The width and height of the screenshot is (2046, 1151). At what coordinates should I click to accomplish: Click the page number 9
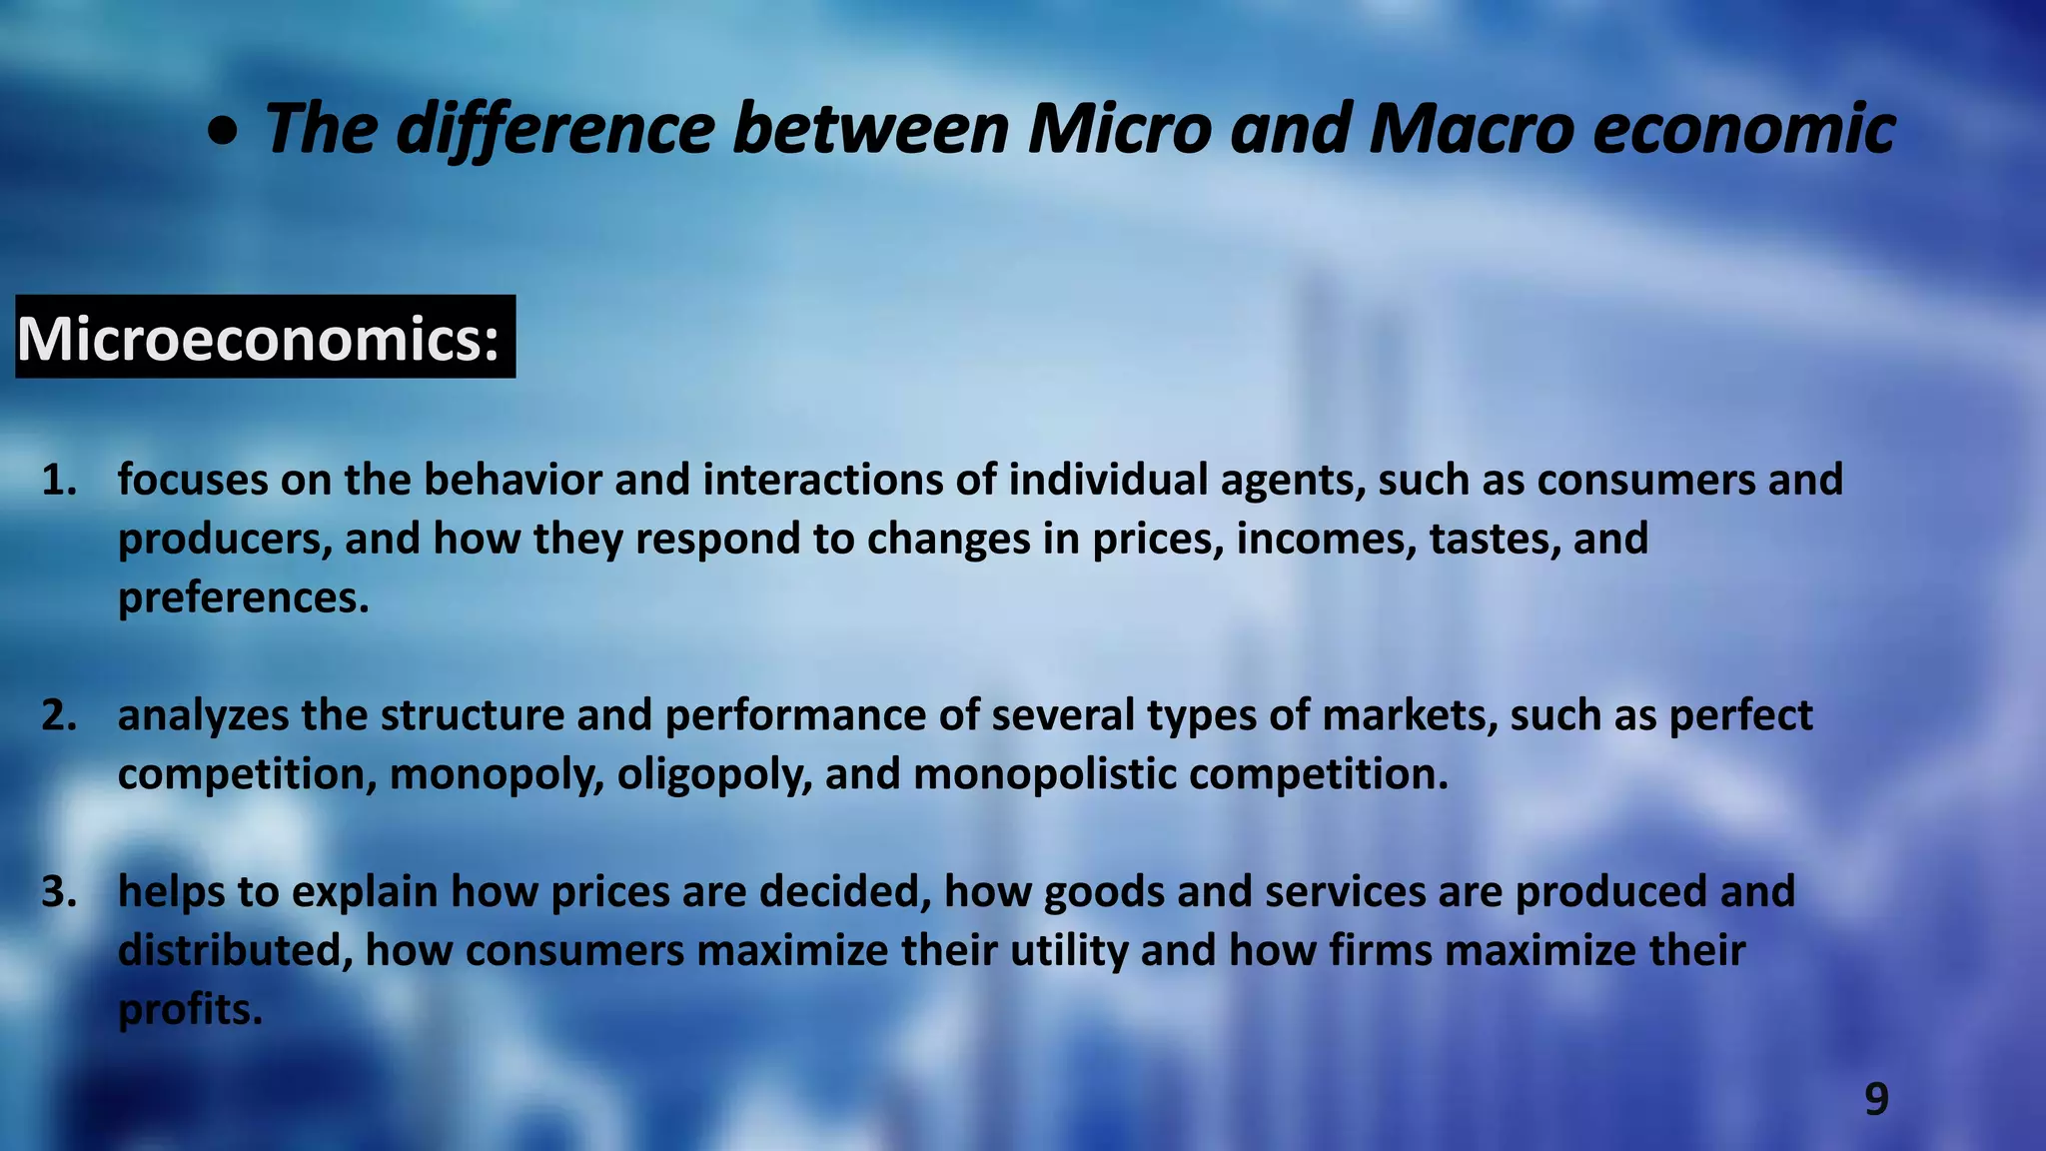tap(1876, 1099)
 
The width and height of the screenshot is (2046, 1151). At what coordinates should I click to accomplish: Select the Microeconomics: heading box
tap(265, 338)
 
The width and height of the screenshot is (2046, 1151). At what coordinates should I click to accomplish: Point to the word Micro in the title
tap(1119, 129)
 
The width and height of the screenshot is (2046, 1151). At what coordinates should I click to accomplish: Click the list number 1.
tap(59, 481)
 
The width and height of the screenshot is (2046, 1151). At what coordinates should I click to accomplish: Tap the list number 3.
tap(59, 892)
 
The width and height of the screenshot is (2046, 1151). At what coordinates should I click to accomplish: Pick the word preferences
tap(243, 598)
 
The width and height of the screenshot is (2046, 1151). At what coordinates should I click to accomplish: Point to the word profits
tap(190, 1010)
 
